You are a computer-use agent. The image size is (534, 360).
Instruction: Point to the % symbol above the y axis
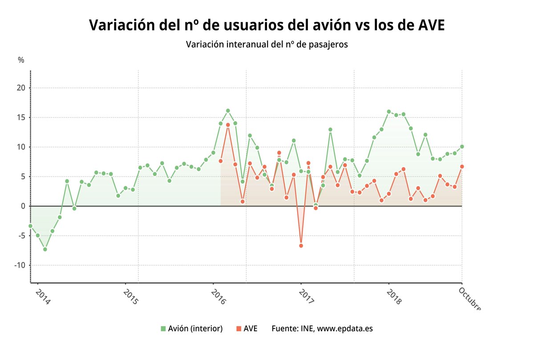[x=21, y=60]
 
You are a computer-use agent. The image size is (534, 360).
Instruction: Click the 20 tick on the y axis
[x=21, y=88]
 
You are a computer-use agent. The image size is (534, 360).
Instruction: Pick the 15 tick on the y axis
[x=21, y=117]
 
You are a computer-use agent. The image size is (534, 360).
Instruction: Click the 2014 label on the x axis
[x=42, y=296]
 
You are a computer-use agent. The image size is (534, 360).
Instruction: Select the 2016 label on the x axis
[x=218, y=296]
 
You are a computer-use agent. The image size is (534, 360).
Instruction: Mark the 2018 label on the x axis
[x=394, y=296]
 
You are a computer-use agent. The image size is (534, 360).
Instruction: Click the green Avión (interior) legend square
[x=163, y=329]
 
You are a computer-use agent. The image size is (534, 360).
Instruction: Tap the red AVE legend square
[x=239, y=329]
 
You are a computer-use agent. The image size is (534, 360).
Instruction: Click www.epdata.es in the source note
[x=345, y=329]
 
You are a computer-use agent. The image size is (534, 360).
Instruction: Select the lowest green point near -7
[x=45, y=249]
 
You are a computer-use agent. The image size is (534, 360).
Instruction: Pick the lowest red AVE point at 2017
[x=301, y=246]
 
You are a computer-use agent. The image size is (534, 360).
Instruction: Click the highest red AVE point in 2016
[x=228, y=125]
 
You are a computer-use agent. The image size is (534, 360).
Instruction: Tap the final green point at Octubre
[x=462, y=146]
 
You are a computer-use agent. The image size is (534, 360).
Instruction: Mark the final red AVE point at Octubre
[x=462, y=166]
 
